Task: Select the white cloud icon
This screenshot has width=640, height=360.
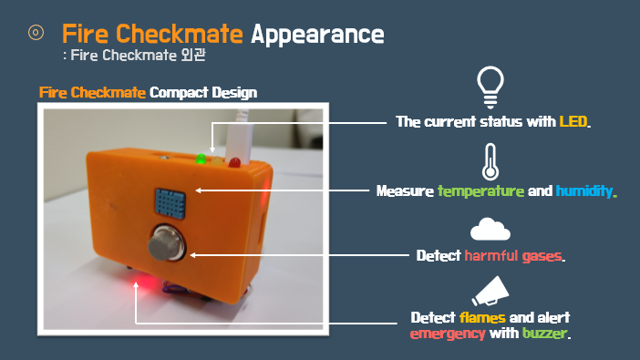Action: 490,229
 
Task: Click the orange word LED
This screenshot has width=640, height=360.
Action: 574,121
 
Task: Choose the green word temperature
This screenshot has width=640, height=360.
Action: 480,191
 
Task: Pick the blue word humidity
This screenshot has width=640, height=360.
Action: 586,191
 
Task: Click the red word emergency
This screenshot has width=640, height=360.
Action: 448,334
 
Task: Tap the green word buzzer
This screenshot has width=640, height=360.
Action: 544,334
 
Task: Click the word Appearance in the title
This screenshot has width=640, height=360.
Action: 317,35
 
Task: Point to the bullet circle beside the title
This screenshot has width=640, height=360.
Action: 36,33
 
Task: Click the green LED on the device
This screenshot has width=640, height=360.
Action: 201,159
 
